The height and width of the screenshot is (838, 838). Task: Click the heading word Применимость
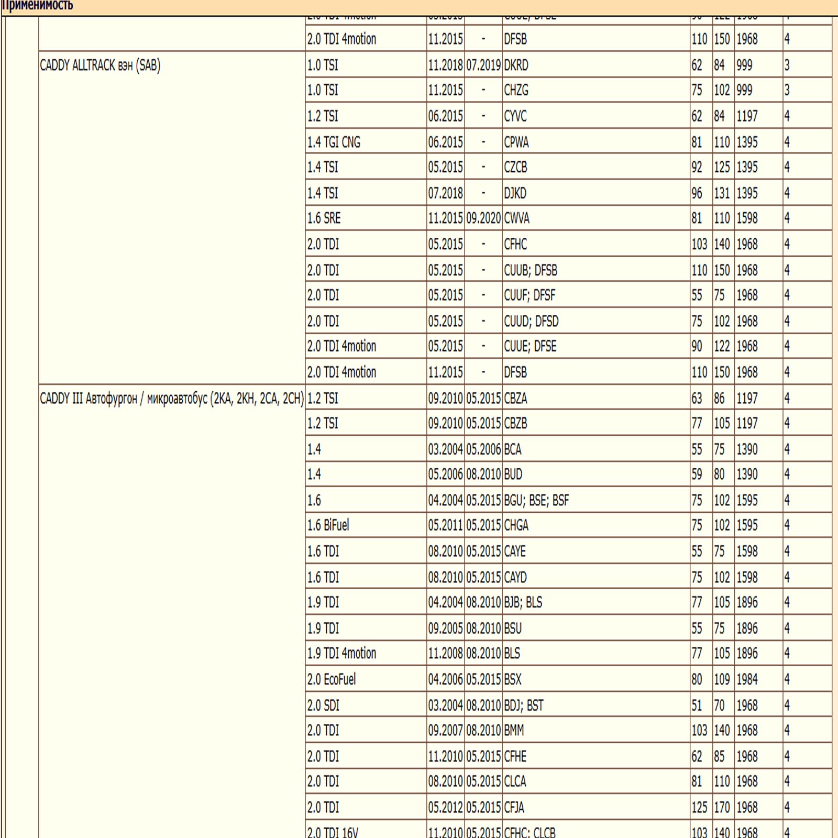click(37, 5)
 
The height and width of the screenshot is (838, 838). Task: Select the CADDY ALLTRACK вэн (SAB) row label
click(100, 65)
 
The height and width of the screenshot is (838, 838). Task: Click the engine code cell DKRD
click(516, 65)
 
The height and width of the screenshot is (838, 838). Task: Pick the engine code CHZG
click(516, 91)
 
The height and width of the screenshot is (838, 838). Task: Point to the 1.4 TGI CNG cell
click(334, 142)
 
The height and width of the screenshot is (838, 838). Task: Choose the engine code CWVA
click(516, 218)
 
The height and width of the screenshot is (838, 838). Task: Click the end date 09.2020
click(483, 218)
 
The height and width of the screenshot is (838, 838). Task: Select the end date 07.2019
click(483, 65)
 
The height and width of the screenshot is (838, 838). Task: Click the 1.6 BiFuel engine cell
click(328, 525)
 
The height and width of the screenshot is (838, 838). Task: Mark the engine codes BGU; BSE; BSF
click(536, 501)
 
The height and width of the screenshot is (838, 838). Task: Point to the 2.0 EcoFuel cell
click(331, 679)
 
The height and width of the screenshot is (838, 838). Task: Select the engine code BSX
click(513, 679)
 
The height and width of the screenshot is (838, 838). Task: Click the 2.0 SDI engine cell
click(323, 705)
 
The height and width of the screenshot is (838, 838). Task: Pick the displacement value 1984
click(747, 679)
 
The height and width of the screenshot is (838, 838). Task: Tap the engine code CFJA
click(514, 808)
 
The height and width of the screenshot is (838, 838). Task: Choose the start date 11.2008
click(445, 653)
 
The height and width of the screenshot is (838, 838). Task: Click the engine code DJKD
click(515, 193)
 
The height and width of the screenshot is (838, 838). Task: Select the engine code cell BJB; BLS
click(523, 602)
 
